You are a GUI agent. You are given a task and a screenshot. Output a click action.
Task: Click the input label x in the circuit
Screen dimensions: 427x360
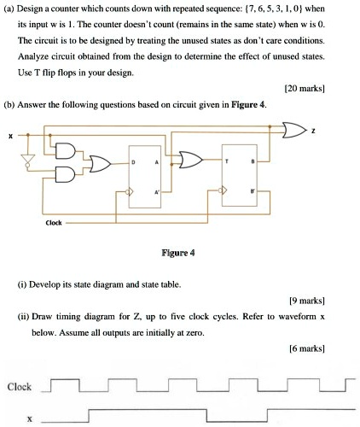click(x=11, y=135)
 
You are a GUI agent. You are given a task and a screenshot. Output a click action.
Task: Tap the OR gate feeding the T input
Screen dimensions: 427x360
click(x=189, y=160)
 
